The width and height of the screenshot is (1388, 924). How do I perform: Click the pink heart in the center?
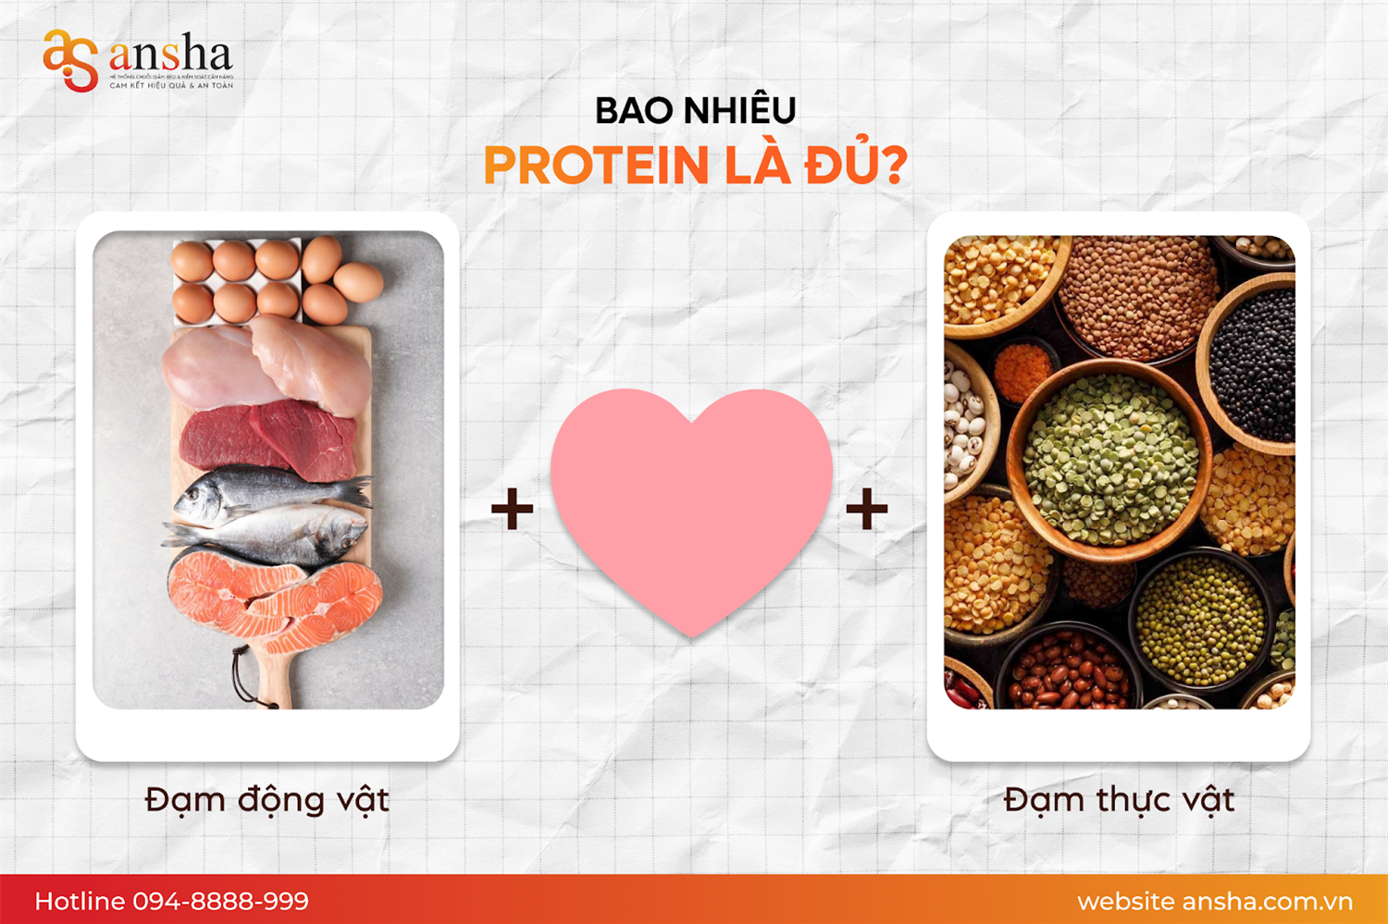pyautogui.click(x=691, y=499)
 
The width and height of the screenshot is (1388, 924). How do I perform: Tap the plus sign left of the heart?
pyautogui.click(x=512, y=509)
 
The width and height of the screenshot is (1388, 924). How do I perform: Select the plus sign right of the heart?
pyautogui.click(x=867, y=509)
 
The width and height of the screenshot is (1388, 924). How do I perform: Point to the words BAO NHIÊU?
pyautogui.click(x=695, y=111)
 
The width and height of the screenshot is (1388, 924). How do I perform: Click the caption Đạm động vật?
pyautogui.click(x=267, y=800)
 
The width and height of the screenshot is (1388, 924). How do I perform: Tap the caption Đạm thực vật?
pyautogui.click(x=1119, y=800)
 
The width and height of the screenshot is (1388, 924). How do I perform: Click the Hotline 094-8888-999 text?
pyautogui.click(x=172, y=901)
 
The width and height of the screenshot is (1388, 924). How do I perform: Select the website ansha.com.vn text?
pyautogui.click(x=1214, y=901)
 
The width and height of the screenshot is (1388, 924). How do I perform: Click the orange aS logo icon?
pyautogui.click(x=69, y=60)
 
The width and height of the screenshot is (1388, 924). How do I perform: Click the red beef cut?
pyautogui.click(x=268, y=440)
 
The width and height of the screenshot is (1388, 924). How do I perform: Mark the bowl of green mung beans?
pyautogui.click(x=1200, y=620)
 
